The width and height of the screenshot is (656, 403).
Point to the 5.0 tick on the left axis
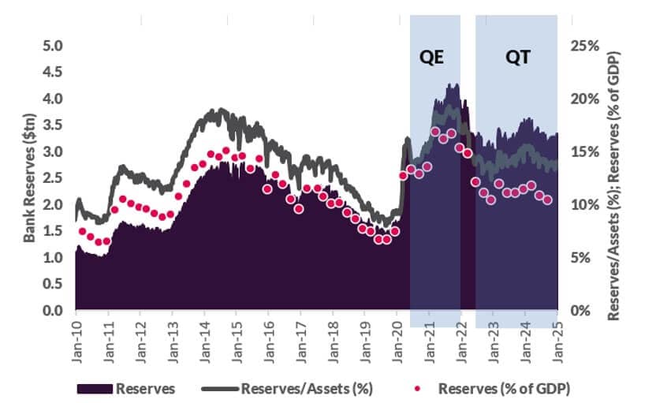click(51, 46)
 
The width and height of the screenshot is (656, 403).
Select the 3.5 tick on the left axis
click(51, 125)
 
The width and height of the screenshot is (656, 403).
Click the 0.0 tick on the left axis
click(51, 311)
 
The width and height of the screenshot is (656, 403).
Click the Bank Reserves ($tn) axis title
click(29, 178)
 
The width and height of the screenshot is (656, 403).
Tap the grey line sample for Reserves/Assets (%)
click(218, 389)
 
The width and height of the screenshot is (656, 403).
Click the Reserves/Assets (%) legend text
click(306, 389)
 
